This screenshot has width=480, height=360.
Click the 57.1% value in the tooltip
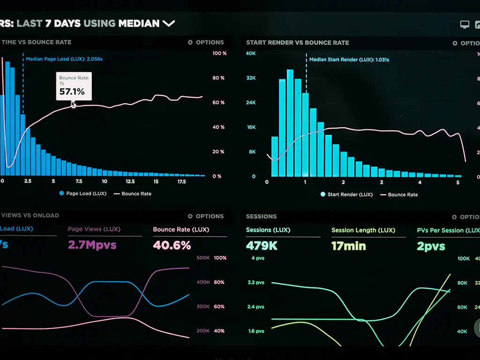pos(72,92)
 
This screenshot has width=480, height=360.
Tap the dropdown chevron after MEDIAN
pos(169,23)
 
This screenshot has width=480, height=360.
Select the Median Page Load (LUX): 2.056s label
pos(64,59)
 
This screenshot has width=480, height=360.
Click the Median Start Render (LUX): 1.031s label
pos(349,60)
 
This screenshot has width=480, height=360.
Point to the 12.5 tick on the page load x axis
pos(130,181)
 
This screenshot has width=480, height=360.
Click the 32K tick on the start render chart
pos(251,78)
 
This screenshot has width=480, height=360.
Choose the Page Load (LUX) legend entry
pos(83,194)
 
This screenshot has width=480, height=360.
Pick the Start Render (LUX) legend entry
pos(346,195)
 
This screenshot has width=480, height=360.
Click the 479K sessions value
pos(262,245)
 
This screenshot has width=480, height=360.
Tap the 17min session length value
pos(348,246)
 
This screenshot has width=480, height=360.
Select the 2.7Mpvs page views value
pos(92,245)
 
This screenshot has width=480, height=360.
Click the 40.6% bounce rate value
pos(172,245)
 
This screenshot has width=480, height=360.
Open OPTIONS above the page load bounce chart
pos(206,42)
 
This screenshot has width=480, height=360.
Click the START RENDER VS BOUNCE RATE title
pos(298,43)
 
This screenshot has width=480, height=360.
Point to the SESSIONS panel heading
pos(261,217)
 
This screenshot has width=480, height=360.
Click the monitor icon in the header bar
pos(465,24)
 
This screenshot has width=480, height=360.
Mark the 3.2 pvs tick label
pos(256,283)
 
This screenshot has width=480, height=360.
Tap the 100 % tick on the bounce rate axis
pos(219,53)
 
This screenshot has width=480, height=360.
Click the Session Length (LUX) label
pos(363,230)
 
